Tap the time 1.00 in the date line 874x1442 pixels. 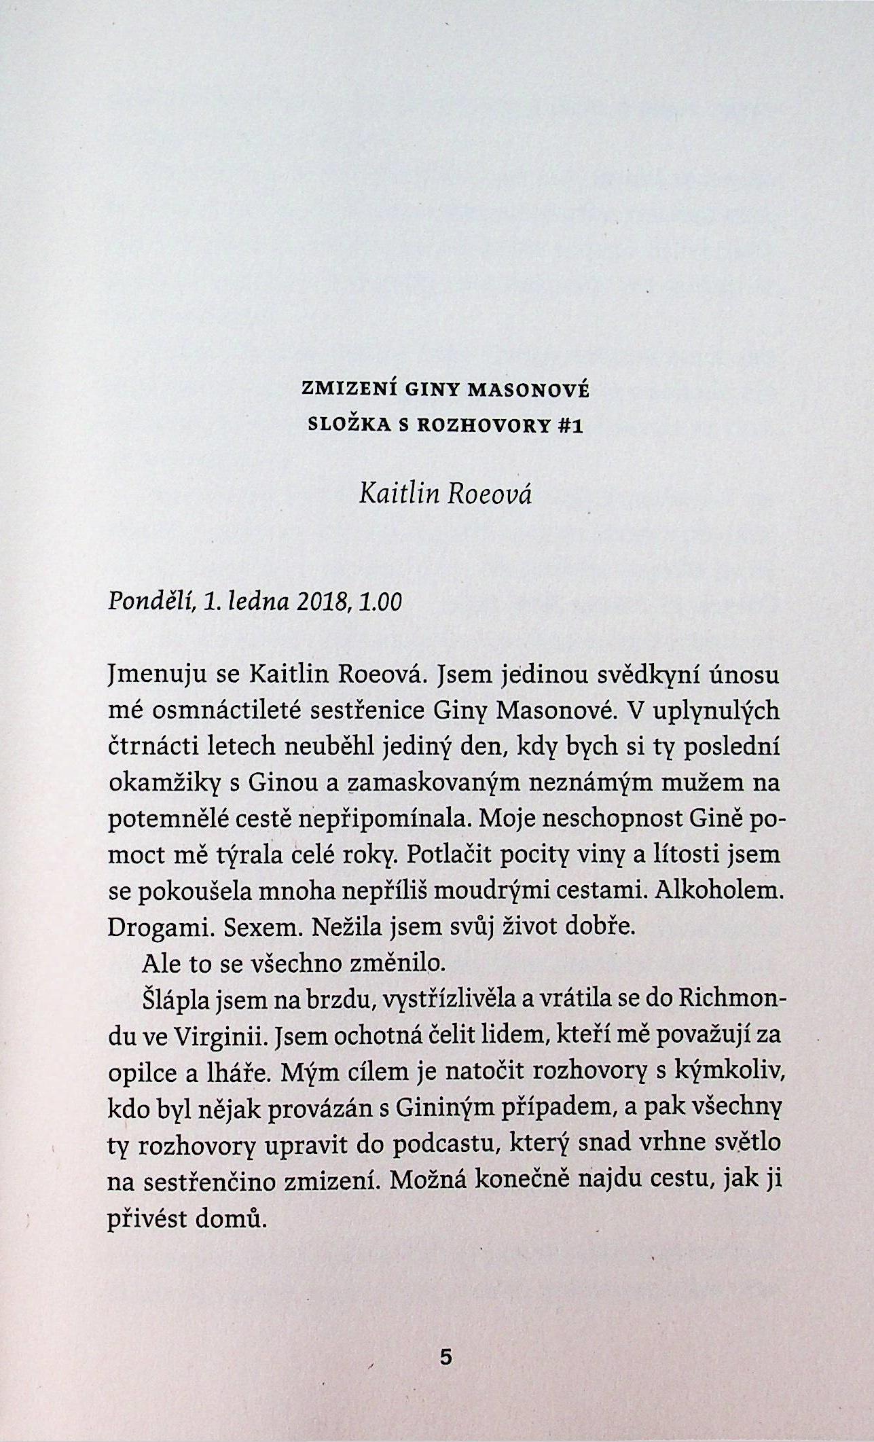pos(382,602)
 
